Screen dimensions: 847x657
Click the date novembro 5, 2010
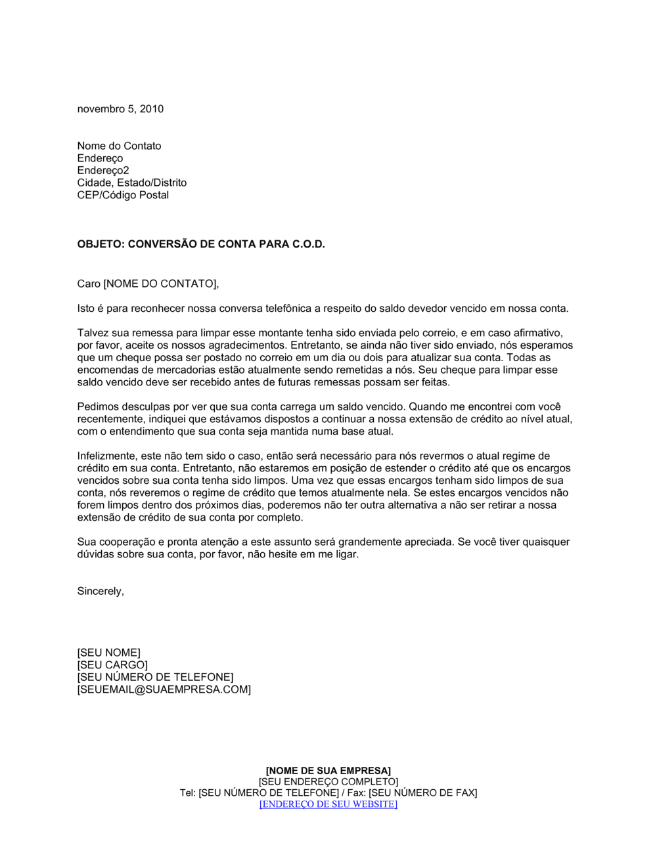coord(120,109)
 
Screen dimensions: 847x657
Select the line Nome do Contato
coord(119,146)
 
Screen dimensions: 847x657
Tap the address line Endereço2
coord(103,171)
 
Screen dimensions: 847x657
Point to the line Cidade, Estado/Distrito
coord(131,183)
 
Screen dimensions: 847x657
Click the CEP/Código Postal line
coord(123,195)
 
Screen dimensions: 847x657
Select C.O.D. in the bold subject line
coord(308,244)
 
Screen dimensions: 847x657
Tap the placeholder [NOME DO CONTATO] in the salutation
coord(160,284)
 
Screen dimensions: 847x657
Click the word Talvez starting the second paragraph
coord(92,333)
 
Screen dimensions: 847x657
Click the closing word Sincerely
coord(100,591)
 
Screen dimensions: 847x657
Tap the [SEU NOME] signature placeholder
coord(108,653)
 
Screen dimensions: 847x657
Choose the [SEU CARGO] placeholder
coord(112,665)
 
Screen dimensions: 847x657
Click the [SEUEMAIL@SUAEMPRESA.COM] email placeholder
coord(164,689)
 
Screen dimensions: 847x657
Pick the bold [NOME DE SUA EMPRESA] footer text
coord(328,770)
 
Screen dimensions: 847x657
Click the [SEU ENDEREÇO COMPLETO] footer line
coord(328,781)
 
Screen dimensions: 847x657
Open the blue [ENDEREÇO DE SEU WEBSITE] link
coord(328,804)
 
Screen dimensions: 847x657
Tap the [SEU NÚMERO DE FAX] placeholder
coord(422,793)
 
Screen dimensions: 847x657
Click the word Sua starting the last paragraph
coord(87,542)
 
